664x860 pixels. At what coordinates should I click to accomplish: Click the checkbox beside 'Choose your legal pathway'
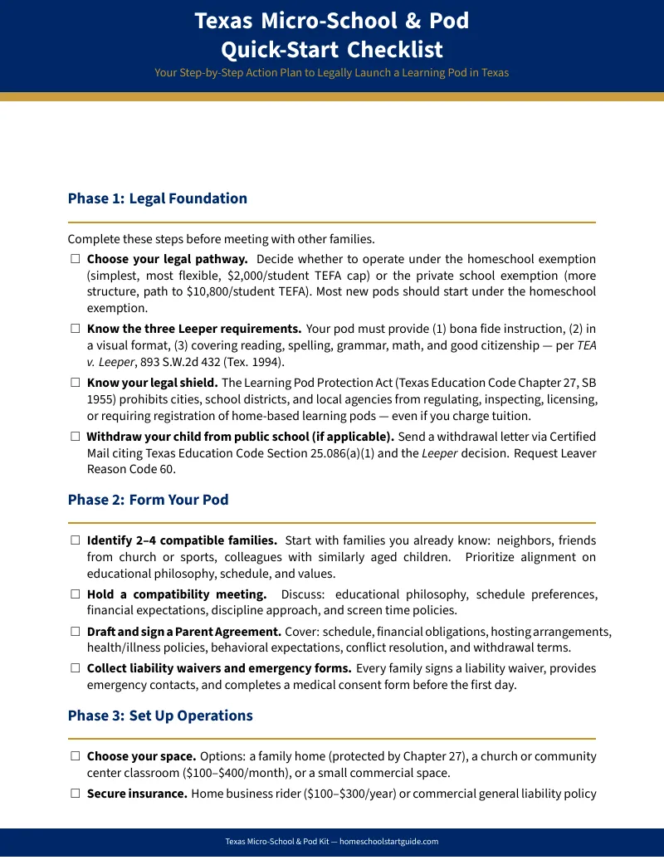click(x=75, y=259)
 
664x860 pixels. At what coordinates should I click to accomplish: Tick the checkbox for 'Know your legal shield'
click(x=75, y=383)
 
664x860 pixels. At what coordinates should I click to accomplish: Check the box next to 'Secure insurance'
click(x=75, y=794)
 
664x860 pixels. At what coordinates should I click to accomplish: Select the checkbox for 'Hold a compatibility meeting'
click(x=75, y=594)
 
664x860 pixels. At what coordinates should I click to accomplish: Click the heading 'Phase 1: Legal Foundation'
click(x=157, y=198)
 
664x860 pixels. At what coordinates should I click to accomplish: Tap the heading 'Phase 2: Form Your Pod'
click(x=148, y=500)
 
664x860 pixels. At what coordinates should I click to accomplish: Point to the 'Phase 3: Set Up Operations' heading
click(x=160, y=716)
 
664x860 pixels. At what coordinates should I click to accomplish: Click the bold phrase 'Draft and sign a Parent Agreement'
click(x=183, y=632)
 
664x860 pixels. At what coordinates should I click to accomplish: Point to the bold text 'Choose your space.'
click(x=141, y=756)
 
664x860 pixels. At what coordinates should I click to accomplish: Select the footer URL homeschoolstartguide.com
click(x=388, y=842)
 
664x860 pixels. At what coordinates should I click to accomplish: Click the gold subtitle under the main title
click(x=331, y=72)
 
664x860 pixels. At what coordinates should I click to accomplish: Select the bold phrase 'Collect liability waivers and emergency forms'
click(x=219, y=668)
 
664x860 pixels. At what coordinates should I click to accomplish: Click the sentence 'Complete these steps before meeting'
click(x=221, y=239)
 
